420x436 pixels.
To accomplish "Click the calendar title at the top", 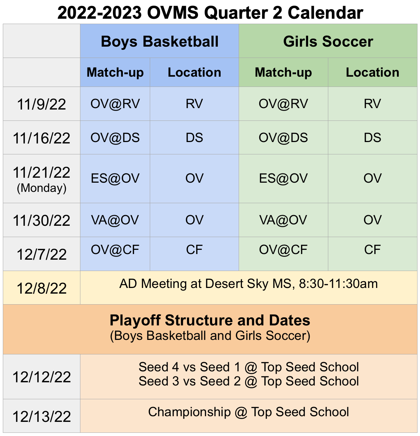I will (x=210, y=13).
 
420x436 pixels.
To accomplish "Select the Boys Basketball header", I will (x=159, y=41).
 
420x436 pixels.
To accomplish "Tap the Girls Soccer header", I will (x=328, y=41).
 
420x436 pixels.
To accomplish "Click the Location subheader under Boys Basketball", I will (x=194, y=72).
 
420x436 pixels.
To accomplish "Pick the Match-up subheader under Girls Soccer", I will (x=283, y=72).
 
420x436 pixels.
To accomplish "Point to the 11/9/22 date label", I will (x=41, y=104).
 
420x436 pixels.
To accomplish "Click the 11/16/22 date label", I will (x=41, y=138).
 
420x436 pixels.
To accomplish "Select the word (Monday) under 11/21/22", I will (x=41, y=188).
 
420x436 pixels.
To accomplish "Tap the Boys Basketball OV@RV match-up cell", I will (x=115, y=104).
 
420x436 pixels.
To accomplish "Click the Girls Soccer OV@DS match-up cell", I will (x=283, y=137).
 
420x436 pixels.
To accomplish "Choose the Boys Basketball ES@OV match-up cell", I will (x=115, y=178).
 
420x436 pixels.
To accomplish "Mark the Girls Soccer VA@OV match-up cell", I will (x=283, y=220).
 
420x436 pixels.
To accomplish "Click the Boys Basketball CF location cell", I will (x=194, y=250).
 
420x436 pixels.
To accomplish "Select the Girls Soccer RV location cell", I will (x=372, y=104).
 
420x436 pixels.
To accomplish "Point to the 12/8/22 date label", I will (x=41, y=289).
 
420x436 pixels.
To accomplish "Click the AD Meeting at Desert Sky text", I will (x=248, y=284).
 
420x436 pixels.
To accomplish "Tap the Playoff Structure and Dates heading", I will (x=210, y=320).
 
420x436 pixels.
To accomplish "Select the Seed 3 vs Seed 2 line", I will (x=248, y=382).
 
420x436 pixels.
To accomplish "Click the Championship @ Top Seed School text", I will (x=248, y=412).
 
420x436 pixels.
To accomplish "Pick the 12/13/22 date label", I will (x=41, y=417).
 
